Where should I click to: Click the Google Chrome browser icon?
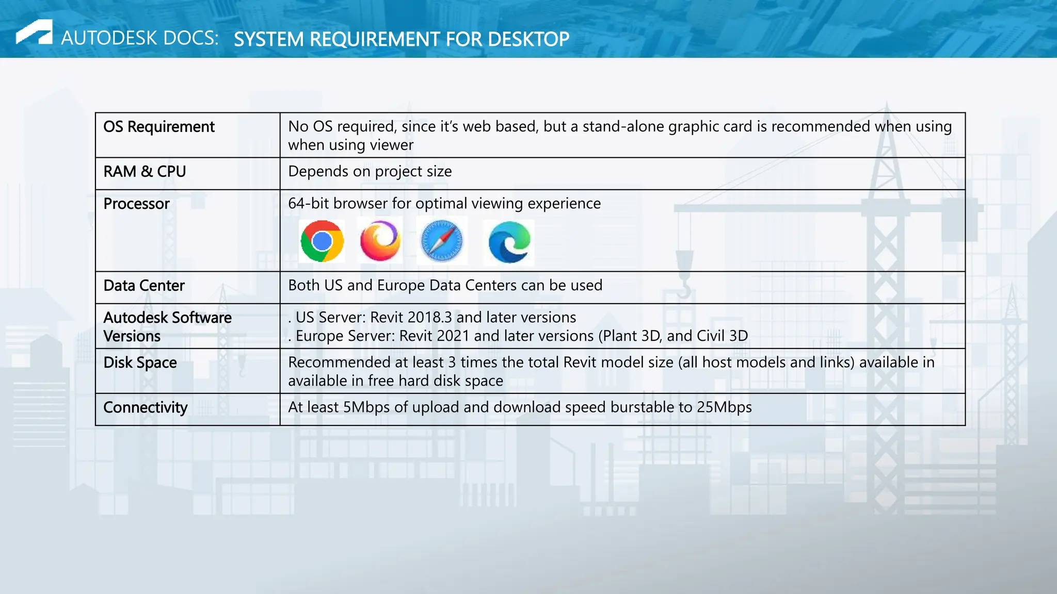click(322, 241)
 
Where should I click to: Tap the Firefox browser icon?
click(380, 241)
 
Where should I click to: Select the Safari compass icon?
click(442, 241)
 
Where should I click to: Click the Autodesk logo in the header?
click(34, 32)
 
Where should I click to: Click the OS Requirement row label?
click(159, 127)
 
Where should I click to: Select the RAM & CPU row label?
click(145, 172)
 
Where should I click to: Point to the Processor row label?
click(136, 204)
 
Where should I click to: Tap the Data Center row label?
click(144, 286)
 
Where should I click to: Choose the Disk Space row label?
click(140, 363)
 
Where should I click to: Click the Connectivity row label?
click(146, 408)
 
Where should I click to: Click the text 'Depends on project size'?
click(370, 172)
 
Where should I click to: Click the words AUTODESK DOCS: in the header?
click(140, 38)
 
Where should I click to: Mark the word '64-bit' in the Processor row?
click(308, 204)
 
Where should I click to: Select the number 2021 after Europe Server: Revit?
click(453, 336)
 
